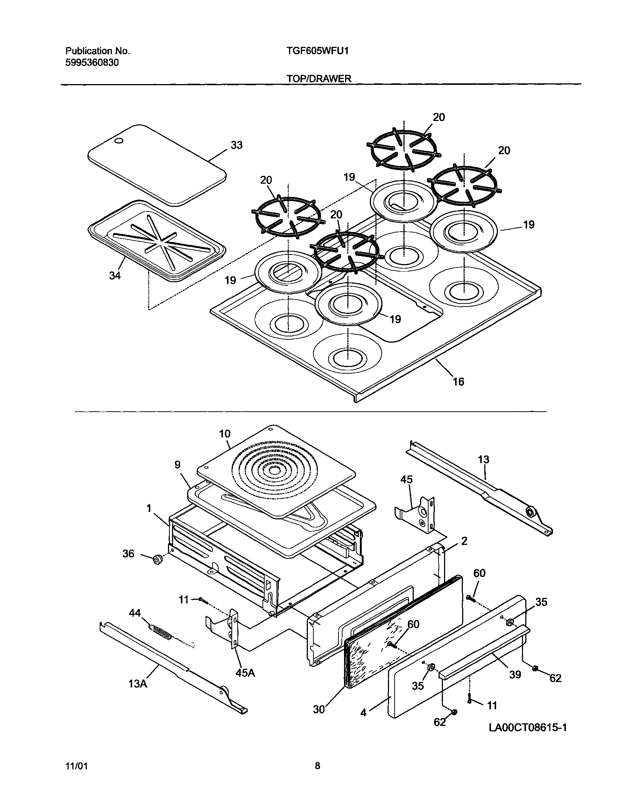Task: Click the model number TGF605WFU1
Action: pyautogui.click(x=317, y=51)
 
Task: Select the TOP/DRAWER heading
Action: pyautogui.click(x=319, y=79)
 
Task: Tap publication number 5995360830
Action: pyautogui.click(x=92, y=62)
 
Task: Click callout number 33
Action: pyautogui.click(x=237, y=145)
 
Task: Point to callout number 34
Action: pyautogui.click(x=115, y=276)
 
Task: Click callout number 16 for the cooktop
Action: pyautogui.click(x=458, y=381)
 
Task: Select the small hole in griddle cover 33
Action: pyautogui.click(x=118, y=141)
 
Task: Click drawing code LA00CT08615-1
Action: pyautogui.click(x=527, y=727)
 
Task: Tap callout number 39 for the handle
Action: pyautogui.click(x=515, y=674)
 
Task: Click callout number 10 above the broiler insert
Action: pyautogui.click(x=224, y=433)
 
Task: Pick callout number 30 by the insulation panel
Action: pyautogui.click(x=319, y=710)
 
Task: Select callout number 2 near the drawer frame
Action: pyautogui.click(x=464, y=541)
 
